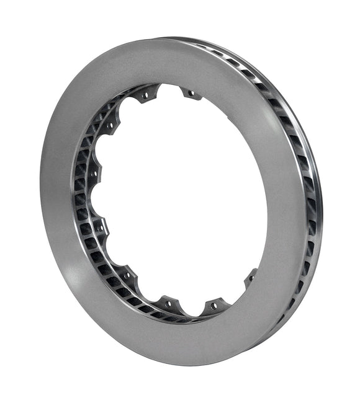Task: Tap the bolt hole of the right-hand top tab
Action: point(191,94)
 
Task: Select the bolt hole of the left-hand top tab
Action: point(147,96)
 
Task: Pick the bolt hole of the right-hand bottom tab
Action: point(215,306)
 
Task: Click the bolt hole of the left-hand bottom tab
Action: point(169,304)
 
